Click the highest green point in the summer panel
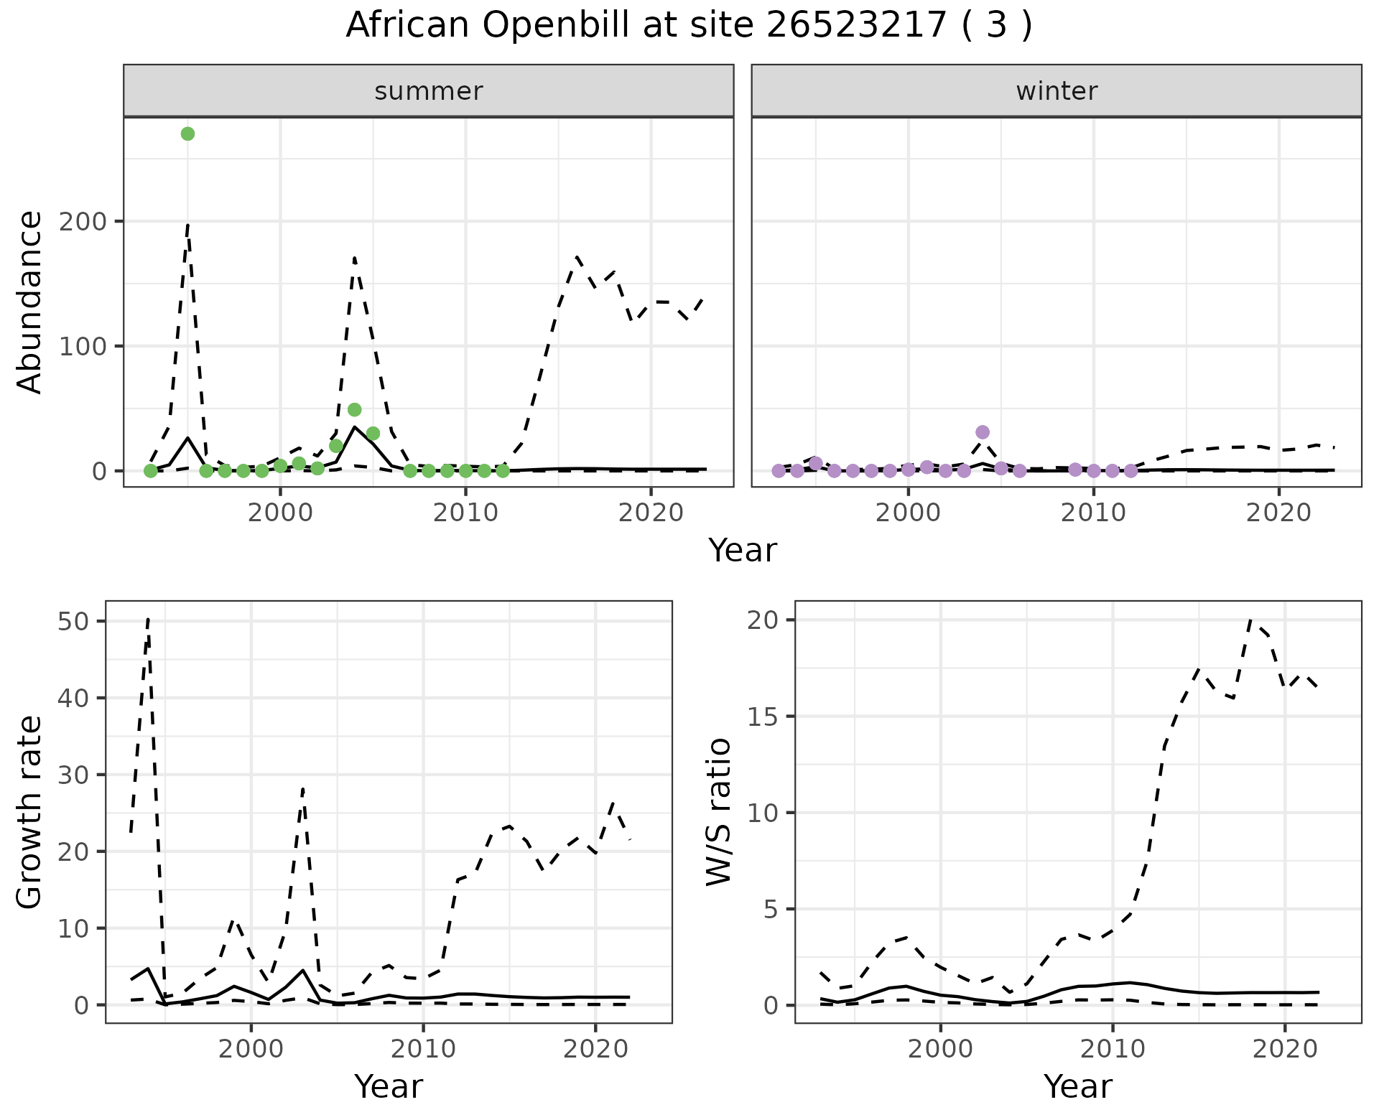pyautogui.click(x=187, y=134)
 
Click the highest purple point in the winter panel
pyautogui.click(x=983, y=432)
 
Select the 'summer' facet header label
pyautogui.click(x=429, y=91)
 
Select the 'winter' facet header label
pyautogui.click(x=1057, y=91)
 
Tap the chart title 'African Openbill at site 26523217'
pyautogui.click(x=689, y=26)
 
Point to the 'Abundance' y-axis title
pyautogui.click(x=30, y=302)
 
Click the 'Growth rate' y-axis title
pyautogui.click(x=30, y=812)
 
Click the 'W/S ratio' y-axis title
pyautogui.click(x=719, y=812)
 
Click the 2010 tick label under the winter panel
pyautogui.click(x=1093, y=513)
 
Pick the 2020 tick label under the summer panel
pyautogui.click(x=651, y=513)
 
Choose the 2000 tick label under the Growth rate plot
pyautogui.click(x=251, y=1049)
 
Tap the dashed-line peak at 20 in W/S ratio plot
pyautogui.click(x=1250, y=620)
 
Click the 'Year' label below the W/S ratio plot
pyautogui.click(x=1077, y=1087)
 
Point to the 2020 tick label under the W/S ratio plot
pyautogui.click(x=1285, y=1049)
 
